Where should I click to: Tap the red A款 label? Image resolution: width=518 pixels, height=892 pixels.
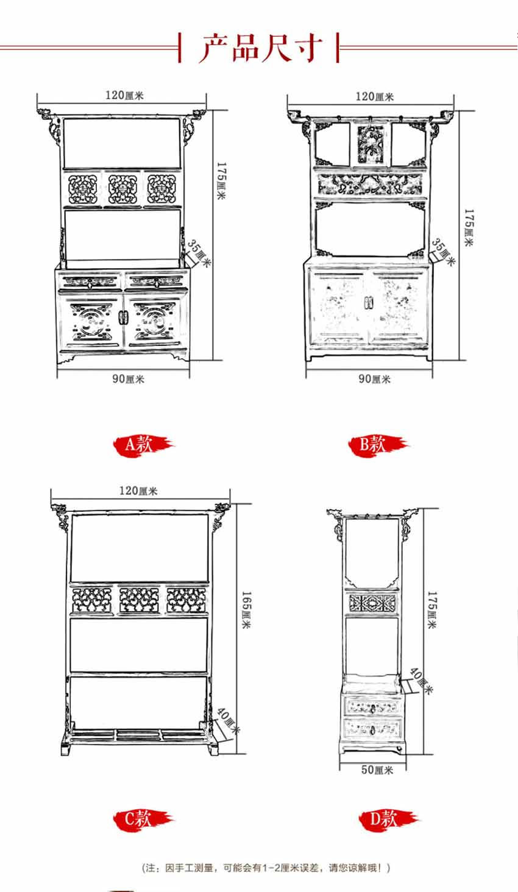(x=138, y=445)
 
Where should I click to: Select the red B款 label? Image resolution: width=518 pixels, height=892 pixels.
(x=373, y=445)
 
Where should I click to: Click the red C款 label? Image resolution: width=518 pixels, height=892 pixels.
(x=138, y=818)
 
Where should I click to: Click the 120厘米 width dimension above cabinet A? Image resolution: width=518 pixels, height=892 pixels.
(x=124, y=95)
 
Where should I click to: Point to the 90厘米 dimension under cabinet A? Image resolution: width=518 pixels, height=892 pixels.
(x=127, y=379)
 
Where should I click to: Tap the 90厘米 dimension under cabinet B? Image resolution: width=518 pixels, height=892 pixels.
(x=374, y=379)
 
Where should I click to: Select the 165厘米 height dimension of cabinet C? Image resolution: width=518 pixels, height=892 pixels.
(x=246, y=610)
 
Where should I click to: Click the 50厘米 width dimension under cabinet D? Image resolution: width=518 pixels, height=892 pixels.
(x=377, y=770)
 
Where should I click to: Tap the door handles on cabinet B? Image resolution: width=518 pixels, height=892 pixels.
(x=367, y=302)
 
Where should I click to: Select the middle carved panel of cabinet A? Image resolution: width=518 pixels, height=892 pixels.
(x=122, y=189)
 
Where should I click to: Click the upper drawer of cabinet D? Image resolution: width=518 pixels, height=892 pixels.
(x=373, y=706)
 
